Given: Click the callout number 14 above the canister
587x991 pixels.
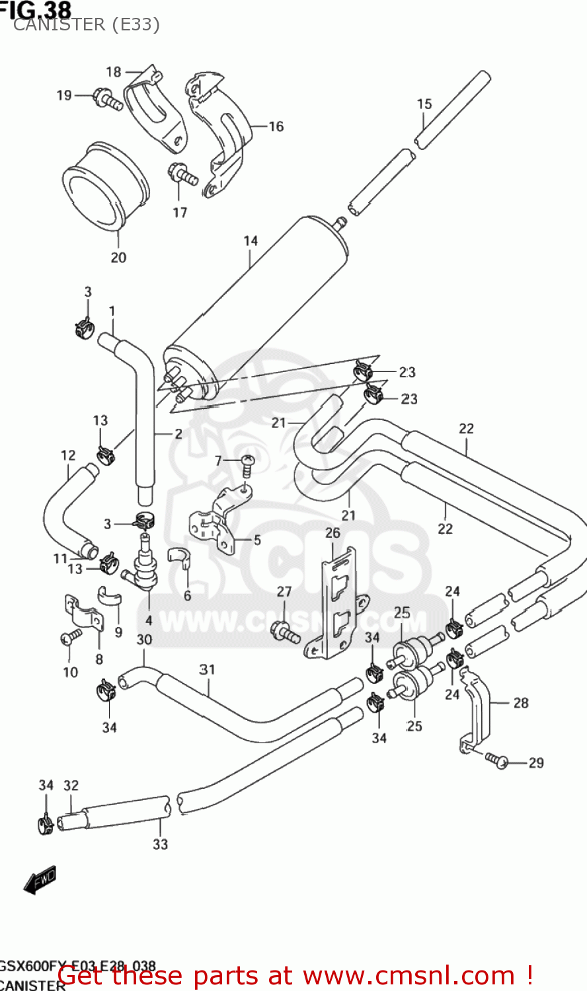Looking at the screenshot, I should (x=251, y=241).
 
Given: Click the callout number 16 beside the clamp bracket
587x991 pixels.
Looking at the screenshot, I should (x=276, y=126).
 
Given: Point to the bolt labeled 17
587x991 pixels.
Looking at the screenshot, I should (x=182, y=176).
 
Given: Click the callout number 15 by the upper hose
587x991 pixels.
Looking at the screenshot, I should (x=424, y=104).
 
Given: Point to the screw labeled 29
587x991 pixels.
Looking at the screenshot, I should (x=496, y=760).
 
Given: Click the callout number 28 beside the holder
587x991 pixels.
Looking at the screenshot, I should (x=521, y=703).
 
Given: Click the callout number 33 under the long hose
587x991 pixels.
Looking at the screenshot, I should (x=161, y=844).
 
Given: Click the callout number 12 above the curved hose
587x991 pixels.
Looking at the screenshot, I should (x=68, y=455).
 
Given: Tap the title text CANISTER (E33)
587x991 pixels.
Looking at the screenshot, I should (x=86, y=24).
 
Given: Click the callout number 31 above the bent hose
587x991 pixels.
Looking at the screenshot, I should (x=208, y=669).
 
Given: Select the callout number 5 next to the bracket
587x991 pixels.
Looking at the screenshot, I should (x=257, y=540).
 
